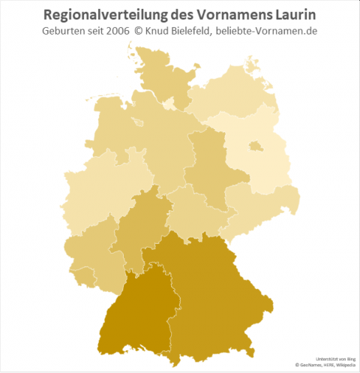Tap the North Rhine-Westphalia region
pos(97,188)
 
